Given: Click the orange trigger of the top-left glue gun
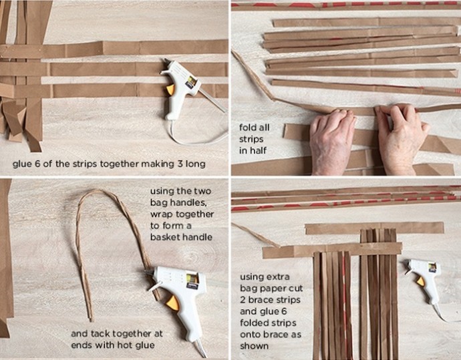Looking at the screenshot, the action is point(170,89).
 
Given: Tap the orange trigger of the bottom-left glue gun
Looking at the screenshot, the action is point(173,303).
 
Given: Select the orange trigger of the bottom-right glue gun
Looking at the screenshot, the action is point(421,281).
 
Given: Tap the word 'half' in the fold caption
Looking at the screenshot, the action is point(258,150).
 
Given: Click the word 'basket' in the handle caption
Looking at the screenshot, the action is point(164,237).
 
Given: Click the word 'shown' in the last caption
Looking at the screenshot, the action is point(254,346).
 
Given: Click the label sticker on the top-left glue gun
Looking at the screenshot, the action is point(191,81).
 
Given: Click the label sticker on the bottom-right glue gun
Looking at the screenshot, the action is point(432,268).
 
